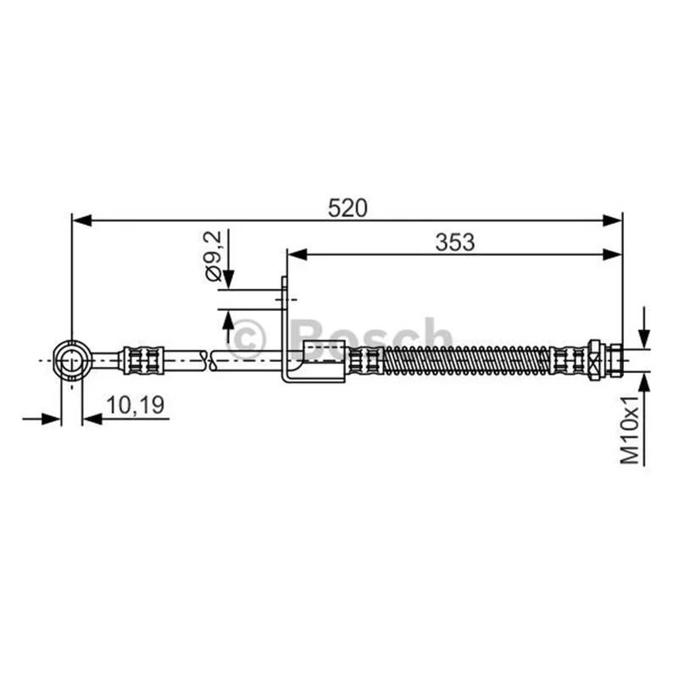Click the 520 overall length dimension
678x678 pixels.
point(347,208)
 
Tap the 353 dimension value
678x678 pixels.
point(455,242)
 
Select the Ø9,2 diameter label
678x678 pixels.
point(214,256)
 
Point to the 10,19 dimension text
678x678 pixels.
point(136,405)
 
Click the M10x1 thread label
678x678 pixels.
point(630,430)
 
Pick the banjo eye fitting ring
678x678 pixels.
point(72,360)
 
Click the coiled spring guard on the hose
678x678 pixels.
point(467,360)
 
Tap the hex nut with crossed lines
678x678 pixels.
point(594,360)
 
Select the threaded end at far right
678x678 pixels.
point(616,360)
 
